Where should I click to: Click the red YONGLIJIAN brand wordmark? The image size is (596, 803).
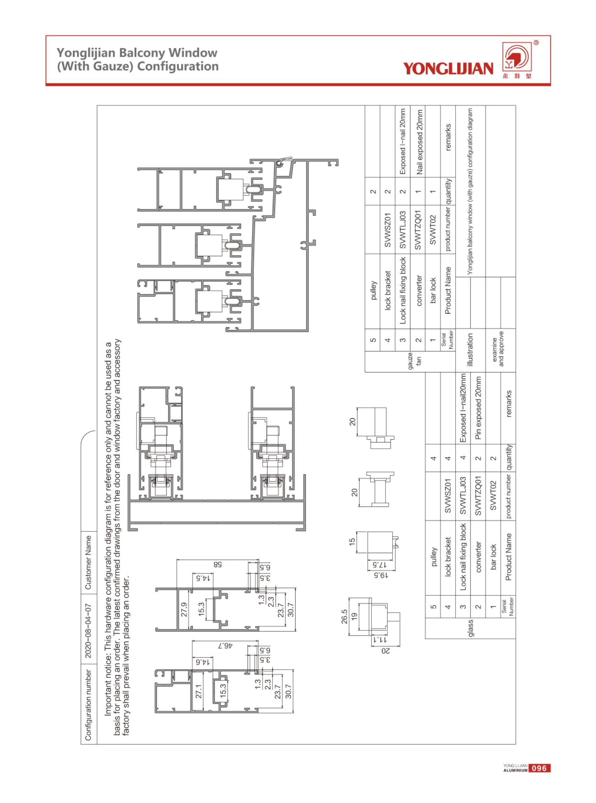pyautogui.click(x=448, y=69)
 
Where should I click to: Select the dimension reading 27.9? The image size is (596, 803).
pyautogui.click(x=184, y=609)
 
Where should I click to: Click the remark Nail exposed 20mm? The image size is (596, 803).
pyautogui.click(x=419, y=142)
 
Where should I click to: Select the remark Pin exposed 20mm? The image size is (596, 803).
pyautogui.click(x=478, y=410)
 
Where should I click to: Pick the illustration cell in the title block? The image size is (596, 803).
pyautogui.click(x=470, y=350)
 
